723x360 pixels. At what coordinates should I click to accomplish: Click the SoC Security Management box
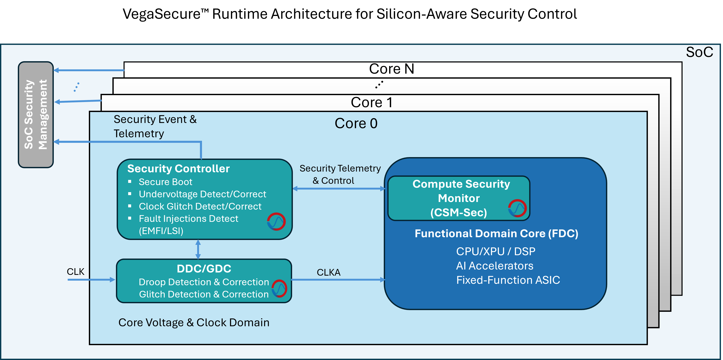tap(36, 114)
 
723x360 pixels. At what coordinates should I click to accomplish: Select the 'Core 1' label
tap(371, 102)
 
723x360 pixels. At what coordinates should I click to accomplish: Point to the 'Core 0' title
tap(356, 124)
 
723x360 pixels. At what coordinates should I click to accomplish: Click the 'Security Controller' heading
tap(178, 169)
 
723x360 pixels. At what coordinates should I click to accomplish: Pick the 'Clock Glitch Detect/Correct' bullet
tap(200, 206)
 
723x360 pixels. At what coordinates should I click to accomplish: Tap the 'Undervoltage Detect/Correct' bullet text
tap(202, 194)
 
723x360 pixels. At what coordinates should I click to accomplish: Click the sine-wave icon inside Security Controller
tap(276, 222)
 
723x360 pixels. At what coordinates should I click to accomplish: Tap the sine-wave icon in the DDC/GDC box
tap(279, 288)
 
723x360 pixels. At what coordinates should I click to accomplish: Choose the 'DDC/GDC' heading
tap(204, 269)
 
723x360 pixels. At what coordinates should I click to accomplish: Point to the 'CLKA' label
tap(328, 272)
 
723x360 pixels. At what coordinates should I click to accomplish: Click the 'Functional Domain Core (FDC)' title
tap(496, 234)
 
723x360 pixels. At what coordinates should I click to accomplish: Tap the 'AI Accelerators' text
tap(494, 266)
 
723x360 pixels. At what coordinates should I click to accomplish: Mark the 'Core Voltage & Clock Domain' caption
tap(194, 323)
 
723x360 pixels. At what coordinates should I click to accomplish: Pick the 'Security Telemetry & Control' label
tap(340, 174)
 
